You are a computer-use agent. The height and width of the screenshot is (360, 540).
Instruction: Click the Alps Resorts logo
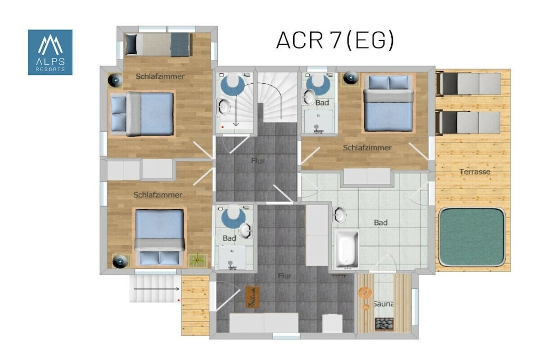(50, 52)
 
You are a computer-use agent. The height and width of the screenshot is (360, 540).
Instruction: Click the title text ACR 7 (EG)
(335, 40)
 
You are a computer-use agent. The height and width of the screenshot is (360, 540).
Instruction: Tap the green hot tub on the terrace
(472, 237)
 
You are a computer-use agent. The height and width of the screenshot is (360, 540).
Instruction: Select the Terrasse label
(475, 171)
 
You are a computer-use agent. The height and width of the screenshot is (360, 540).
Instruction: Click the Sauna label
(383, 304)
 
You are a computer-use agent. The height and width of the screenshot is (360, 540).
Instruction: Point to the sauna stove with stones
(384, 324)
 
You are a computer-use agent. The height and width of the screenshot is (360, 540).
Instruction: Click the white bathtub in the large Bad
(347, 249)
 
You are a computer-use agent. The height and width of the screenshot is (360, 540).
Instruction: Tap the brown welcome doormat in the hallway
(252, 297)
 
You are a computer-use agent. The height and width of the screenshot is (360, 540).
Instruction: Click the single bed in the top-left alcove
(158, 44)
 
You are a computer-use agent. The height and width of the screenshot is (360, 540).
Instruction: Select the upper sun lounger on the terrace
(468, 83)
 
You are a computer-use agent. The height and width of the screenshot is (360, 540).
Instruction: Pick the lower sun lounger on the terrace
(468, 122)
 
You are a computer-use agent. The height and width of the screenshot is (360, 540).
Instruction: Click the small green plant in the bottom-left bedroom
(197, 260)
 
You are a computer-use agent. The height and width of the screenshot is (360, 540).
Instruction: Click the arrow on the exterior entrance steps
(156, 289)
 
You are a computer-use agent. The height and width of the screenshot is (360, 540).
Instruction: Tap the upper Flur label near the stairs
(258, 161)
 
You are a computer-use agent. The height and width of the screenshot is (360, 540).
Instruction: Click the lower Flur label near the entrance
(284, 276)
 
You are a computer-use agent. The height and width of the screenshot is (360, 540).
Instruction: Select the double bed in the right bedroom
(389, 103)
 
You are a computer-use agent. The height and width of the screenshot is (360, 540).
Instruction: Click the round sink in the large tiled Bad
(340, 215)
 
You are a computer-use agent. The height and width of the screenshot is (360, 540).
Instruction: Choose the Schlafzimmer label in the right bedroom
(367, 148)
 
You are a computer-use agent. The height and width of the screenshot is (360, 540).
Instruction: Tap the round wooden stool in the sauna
(365, 293)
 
